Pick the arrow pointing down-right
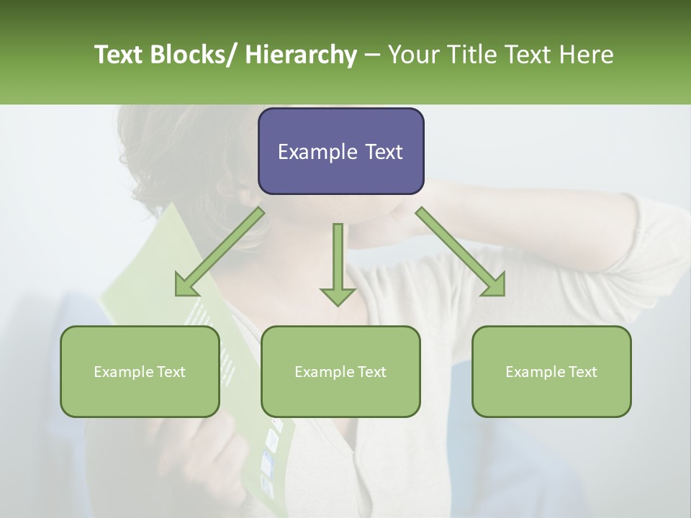coord(461,252)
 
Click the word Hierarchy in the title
coord(301,55)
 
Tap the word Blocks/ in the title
coord(199,55)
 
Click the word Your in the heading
coord(412,55)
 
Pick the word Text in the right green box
coord(582,372)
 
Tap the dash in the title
coord(372,55)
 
